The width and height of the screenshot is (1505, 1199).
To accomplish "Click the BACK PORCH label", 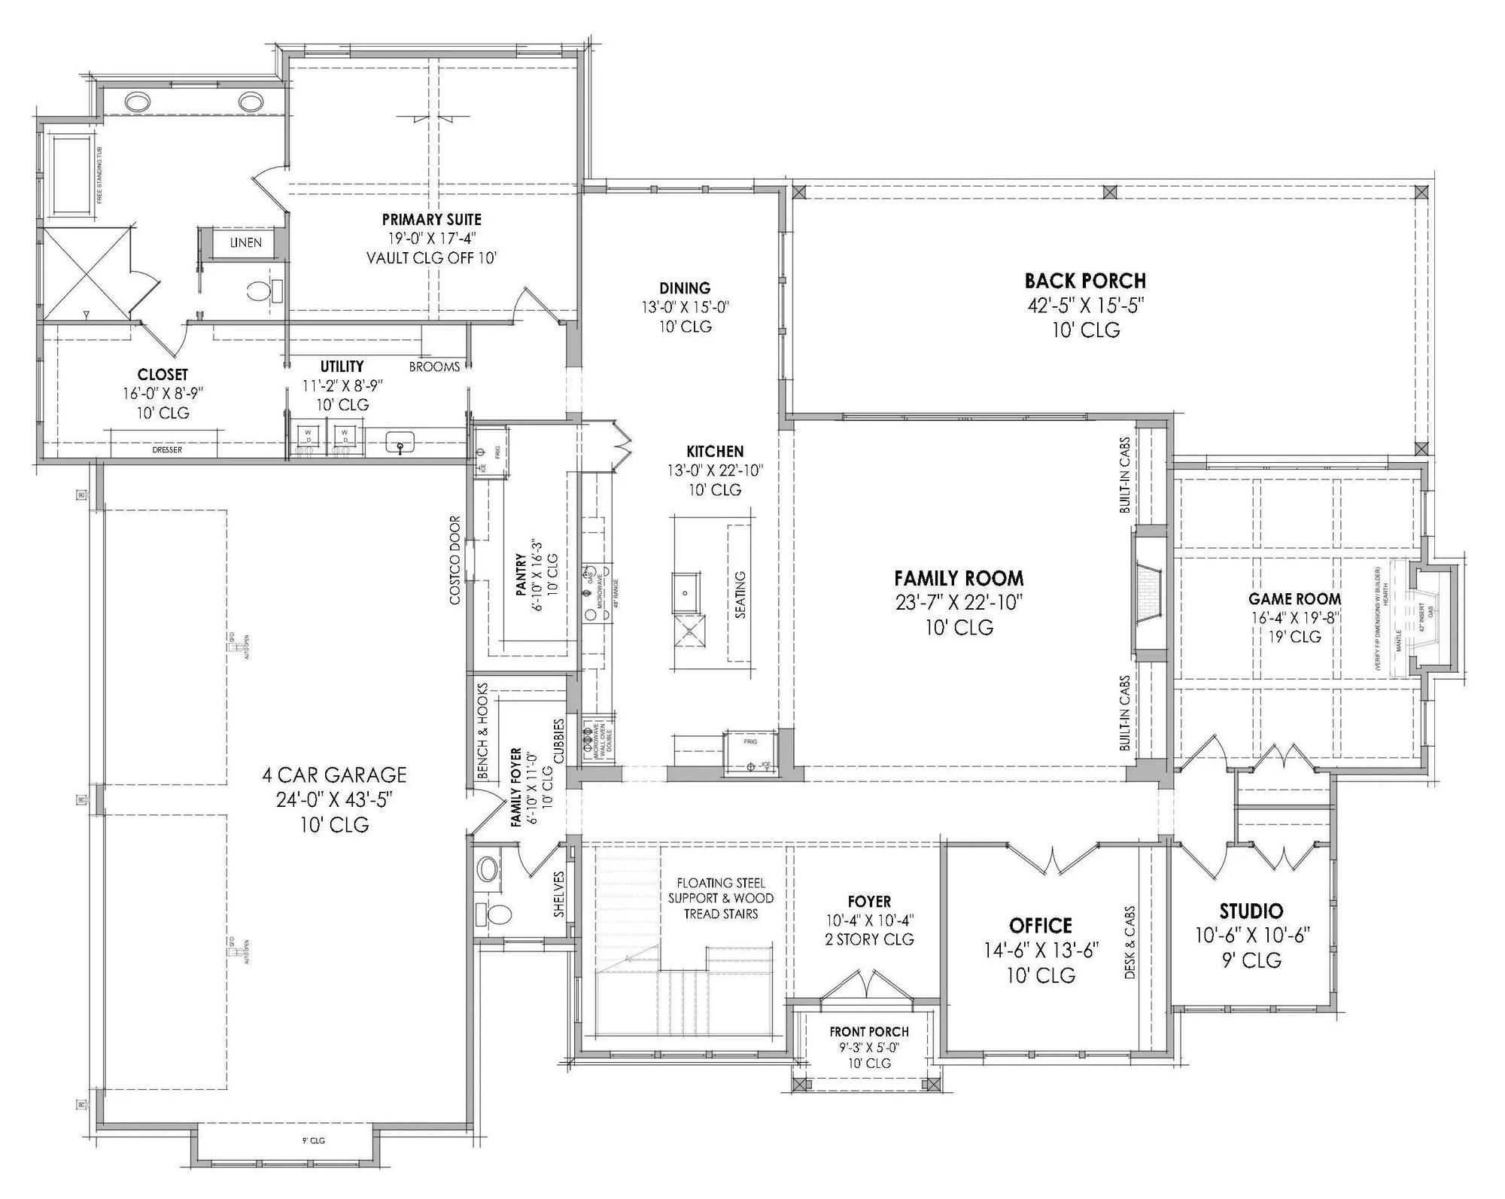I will [1085, 281].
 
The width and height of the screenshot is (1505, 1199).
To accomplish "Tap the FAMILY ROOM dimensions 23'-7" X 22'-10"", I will [959, 603].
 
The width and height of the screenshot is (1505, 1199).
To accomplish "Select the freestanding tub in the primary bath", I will [72, 175].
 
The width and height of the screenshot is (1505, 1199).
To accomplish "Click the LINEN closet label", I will [246, 242].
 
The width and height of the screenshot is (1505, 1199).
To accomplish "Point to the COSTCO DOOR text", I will [455, 561].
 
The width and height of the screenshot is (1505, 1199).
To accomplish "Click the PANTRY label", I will [521, 576].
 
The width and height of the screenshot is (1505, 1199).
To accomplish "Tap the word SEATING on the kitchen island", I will [740, 595].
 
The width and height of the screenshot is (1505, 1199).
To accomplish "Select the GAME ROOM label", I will [1294, 599].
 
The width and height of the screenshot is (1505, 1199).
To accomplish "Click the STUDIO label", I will [1251, 911].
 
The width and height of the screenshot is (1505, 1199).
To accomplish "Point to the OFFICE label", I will [1041, 925].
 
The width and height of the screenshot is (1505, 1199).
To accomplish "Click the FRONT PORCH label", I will [869, 1032].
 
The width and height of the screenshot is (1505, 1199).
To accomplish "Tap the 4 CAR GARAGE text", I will [334, 775].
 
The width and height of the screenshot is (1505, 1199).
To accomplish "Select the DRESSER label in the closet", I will [167, 450].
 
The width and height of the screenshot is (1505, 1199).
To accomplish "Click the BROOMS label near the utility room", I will [434, 367].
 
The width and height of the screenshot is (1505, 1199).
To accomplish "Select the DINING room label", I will [685, 288].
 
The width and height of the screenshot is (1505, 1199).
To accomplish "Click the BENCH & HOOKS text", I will [482, 731].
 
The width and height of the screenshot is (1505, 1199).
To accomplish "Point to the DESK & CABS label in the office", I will [1130, 942].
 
